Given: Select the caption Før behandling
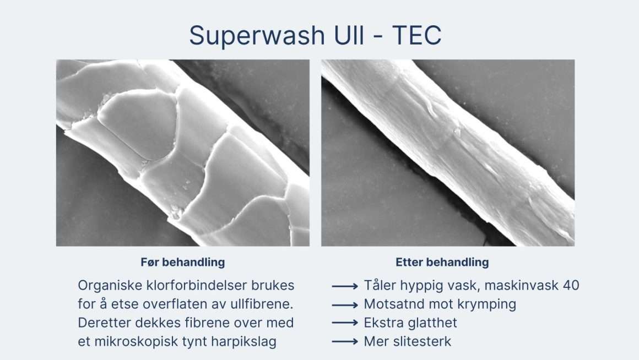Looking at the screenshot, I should pos(182,262).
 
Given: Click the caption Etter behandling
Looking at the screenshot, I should pos(442,262).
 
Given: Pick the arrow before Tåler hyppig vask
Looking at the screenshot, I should pos(344,286).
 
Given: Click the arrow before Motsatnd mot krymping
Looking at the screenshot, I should pos(344,304).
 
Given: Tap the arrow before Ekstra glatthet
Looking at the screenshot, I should pos(344,323).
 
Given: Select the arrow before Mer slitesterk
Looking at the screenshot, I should pos(344,342).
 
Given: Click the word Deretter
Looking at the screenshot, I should pos(103,323).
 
